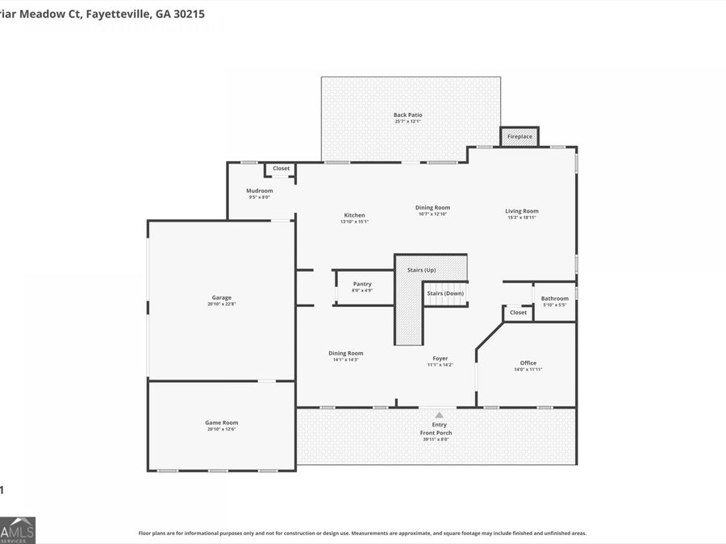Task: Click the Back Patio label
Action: (x=407, y=115)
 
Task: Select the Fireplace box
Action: (x=519, y=137)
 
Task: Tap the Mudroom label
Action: (x=259, y=191)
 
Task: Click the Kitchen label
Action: (x=354, y=215)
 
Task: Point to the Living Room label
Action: (x=522, y=211)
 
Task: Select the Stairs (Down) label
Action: (x=445, y=293)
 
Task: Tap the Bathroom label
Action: (x=554, y=299)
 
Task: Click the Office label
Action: (x=528, y=363)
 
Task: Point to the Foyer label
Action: (x=440, y=359)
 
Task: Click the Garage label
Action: (x=221, y=297)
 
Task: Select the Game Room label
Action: (x=221, y=422)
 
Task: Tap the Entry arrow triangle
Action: (x=439, y=414)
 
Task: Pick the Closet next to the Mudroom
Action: (x=281, y=168)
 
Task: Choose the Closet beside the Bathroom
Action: (x=518, y=313)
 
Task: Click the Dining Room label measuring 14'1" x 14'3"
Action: (x=345, y=353)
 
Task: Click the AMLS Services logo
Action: (x=18, y=529)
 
